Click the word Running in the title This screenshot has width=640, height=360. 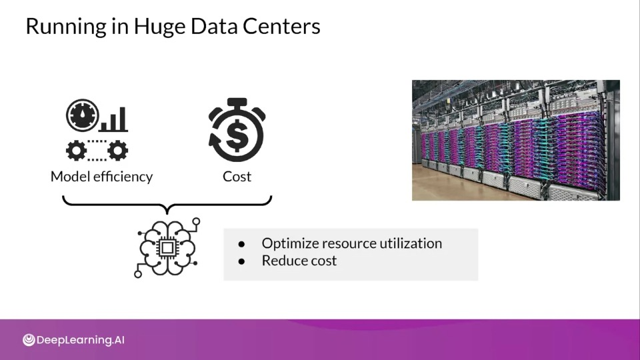(x=66, y=27)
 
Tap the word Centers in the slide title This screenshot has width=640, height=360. (x=281, y=26)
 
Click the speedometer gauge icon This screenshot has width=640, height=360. (x=83, y=115)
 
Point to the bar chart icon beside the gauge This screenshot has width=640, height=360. (x=114, y=119)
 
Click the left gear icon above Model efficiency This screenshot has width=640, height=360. (x=76, y=150)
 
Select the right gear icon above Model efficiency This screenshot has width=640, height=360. (x=117, y=150)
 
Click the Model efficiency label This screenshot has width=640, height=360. (x=101, y=177)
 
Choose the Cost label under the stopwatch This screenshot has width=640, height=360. (x=237, y=177)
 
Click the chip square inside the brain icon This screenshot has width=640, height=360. (x=167, y=247)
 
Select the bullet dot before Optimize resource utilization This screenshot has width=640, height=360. (x=241, y=244)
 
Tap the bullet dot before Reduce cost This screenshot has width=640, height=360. (x=241, y=261)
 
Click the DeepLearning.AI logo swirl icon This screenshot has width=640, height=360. (x=29, y=339)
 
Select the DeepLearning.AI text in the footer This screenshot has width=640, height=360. (x=81, y=340)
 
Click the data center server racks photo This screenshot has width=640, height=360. (x=516, y=140)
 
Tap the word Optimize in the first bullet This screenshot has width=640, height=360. (x=290, y=244)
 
